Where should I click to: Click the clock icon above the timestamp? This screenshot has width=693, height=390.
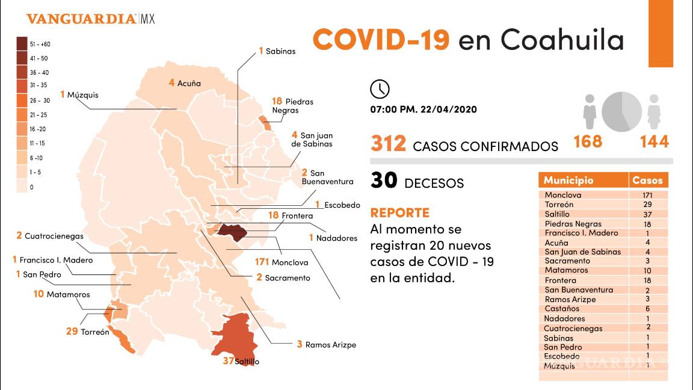click(x=380, y=88)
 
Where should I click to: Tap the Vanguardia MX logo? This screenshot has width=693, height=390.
click(x=90, y=19)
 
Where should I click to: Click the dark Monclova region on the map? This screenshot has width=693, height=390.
click(x=231, y=232)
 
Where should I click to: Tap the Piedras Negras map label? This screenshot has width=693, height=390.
click(x=292, y=106)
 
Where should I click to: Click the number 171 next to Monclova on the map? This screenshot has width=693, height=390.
click(x=262, y=262)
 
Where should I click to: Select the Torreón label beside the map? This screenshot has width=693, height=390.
click(x=95, y=332)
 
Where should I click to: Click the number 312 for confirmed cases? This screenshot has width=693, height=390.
click(x=388, y=144)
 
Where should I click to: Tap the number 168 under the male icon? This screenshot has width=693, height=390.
click(x=588, y=141)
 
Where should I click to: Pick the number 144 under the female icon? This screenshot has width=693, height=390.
click(x=654, y=141)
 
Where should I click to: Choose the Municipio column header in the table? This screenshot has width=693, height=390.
click(x=568, y=181)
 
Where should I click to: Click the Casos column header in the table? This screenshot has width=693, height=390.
click(x=647, y=181)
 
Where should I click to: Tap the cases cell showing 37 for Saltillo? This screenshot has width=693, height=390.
click(x=647, y=214)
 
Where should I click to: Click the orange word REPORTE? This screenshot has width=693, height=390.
click(x=400, y=213)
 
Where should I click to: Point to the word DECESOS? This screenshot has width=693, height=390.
click(x=434, y=183)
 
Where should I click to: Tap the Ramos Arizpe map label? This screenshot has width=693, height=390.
click(x=330, y=345)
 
